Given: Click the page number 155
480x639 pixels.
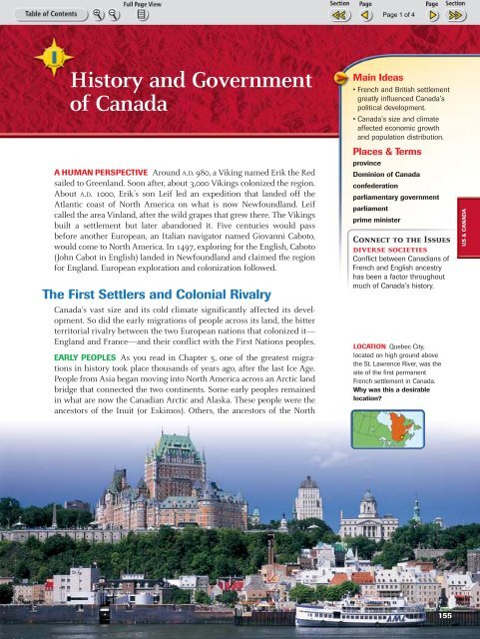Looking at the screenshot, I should (452, 617).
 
